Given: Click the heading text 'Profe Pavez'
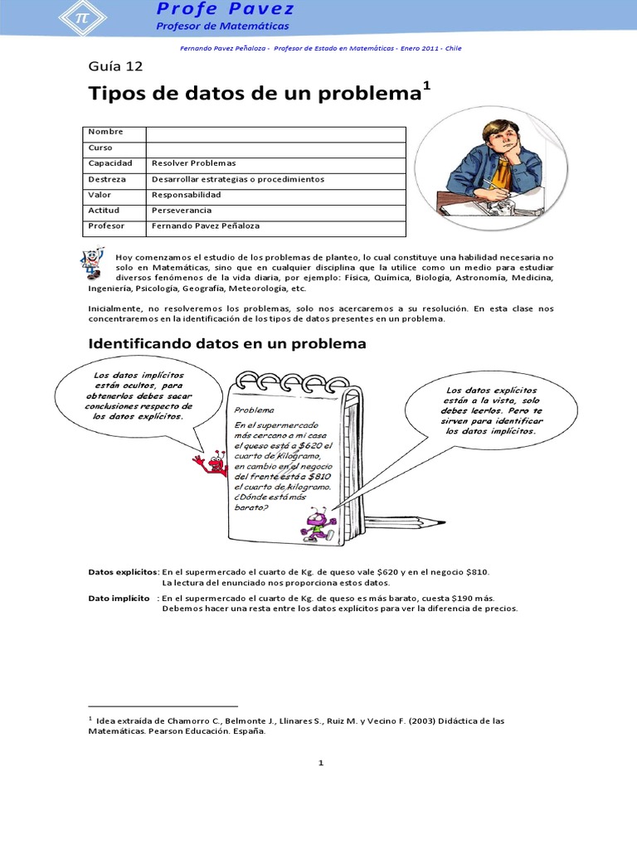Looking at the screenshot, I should coord(225,10).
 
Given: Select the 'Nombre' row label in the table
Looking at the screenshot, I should coord(105,133).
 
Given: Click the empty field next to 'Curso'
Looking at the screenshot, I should coord(275,148).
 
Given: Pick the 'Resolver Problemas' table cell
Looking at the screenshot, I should coord(194,163).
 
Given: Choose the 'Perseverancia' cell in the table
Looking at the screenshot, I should coord(182,211).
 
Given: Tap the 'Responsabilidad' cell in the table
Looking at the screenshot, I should coord(187,195).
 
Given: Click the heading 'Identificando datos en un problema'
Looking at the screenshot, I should coord(226,343).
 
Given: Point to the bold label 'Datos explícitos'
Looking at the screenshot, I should coord(123,572).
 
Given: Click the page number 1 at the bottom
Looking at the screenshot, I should coord(319,763).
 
